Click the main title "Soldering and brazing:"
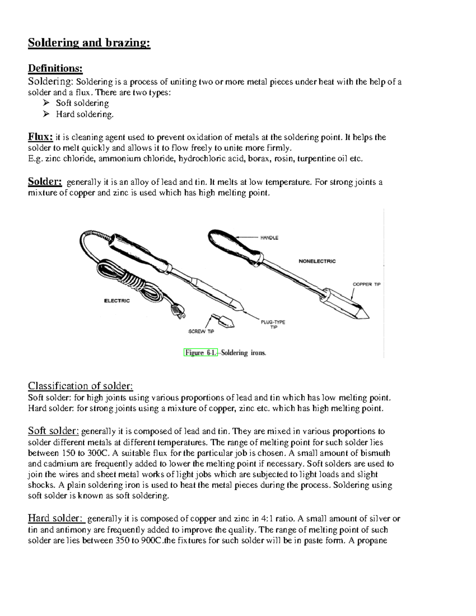click(x=89, y=43)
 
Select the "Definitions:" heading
click(x=55, y=69)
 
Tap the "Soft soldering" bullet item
click(x=82, y=103)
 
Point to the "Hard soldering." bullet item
click(x=84, y=114)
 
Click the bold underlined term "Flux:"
click(x=40, y=137)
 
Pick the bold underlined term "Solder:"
click(x=45, y=182)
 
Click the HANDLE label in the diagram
click(x=269, y=238)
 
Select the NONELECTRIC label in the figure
click(x=317, y=261)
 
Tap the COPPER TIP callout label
click(x=366, y=284)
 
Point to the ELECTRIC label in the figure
click(x=117, y=301)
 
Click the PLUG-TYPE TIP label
click(x=273, y=324)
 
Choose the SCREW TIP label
click(x=201, y=331)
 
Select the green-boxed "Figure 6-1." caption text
click(x=201, y=353)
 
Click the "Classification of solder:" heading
click(x=80, y=386)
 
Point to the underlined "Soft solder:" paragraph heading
click(x=54, y=431)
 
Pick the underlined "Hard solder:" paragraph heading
click(x=56, y=518)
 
